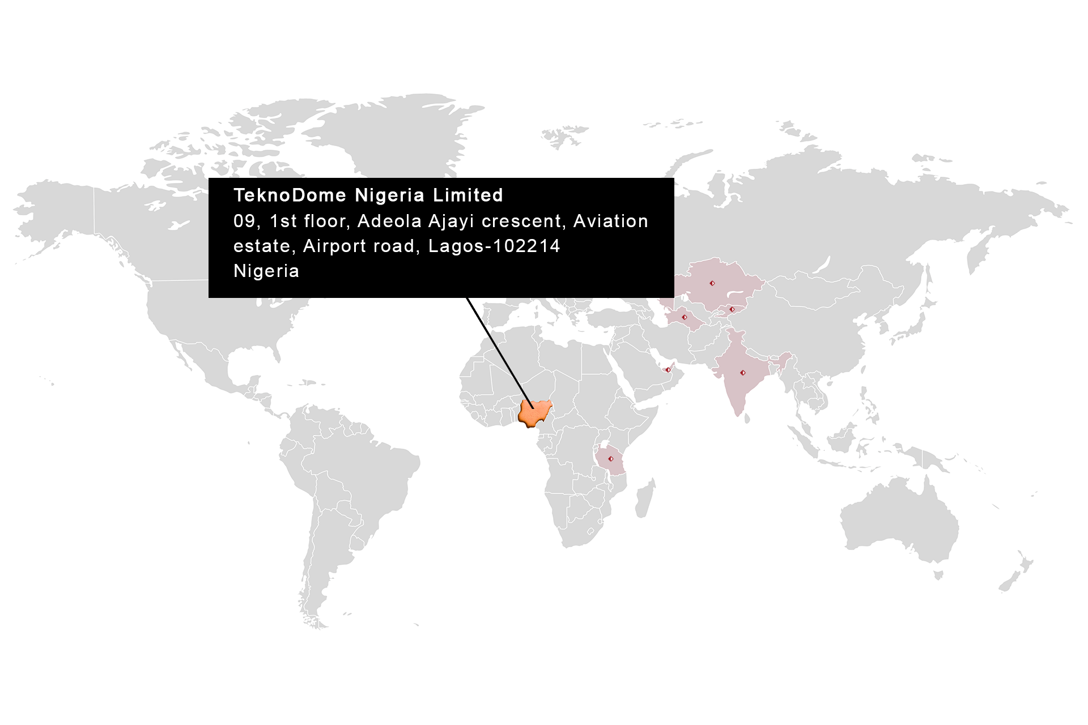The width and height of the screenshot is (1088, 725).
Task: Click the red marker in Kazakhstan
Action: click(x=712, y=283)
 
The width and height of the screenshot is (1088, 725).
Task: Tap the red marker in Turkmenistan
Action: click(x=684, y=317)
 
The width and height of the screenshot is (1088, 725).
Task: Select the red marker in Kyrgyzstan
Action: click(x=732, y=309)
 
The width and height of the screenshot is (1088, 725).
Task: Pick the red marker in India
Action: click(x=743, y=373)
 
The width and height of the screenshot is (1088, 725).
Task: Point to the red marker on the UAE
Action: click(x=668, y=370)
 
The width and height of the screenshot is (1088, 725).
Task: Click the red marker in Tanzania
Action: click(x=610, y=459)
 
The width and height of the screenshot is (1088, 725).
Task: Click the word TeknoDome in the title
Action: click(x=290, y=195)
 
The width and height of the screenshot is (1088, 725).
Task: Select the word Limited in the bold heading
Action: click(x=468, y=195)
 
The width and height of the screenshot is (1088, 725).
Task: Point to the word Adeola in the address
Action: click(x=389, y=221)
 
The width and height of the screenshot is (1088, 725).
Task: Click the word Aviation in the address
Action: click(x=610, y=221)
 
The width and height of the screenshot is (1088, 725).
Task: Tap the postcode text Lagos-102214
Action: click(x=494, y=246)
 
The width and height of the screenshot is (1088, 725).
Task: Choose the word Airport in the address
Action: click(x=334, y=246)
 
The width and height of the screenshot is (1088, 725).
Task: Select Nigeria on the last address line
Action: click(x=266, y=271)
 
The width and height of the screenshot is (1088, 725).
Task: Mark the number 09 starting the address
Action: click(x=244, y=221)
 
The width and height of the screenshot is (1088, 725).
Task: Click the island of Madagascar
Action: click(x=645, y=498)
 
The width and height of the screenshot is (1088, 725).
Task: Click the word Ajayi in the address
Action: click(x=451, y=221)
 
